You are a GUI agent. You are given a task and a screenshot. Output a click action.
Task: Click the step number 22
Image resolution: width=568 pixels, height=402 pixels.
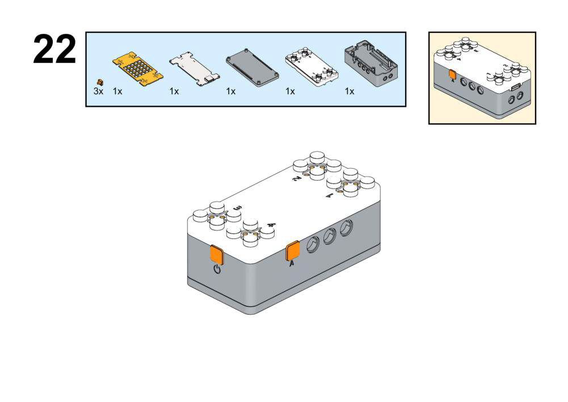(54, 50)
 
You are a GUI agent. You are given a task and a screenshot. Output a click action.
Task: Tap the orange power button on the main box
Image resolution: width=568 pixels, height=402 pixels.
(217, 255)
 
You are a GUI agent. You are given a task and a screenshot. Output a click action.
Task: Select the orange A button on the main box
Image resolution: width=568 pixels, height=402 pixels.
(293, 250)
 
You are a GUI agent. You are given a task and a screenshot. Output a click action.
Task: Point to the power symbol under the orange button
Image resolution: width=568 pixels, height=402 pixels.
(217, 269)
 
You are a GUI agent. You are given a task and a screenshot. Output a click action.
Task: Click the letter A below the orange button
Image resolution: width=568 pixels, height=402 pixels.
(292, 265)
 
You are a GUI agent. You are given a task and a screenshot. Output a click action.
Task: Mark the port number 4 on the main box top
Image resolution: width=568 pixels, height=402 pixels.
(271, 225)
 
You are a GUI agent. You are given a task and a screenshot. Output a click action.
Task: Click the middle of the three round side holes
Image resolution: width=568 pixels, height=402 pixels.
(330, 237)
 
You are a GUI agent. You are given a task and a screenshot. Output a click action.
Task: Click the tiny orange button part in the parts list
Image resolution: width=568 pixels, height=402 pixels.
(100, 82)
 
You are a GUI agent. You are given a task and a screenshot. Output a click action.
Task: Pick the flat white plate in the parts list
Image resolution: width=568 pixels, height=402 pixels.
(195, 69)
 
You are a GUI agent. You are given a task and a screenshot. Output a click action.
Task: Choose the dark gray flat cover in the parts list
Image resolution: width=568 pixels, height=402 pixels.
(252, 69)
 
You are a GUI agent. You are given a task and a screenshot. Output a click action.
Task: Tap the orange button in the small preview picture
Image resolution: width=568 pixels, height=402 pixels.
(452, 74)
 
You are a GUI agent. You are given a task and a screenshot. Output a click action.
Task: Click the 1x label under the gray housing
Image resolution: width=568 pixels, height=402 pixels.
(350, 91)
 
